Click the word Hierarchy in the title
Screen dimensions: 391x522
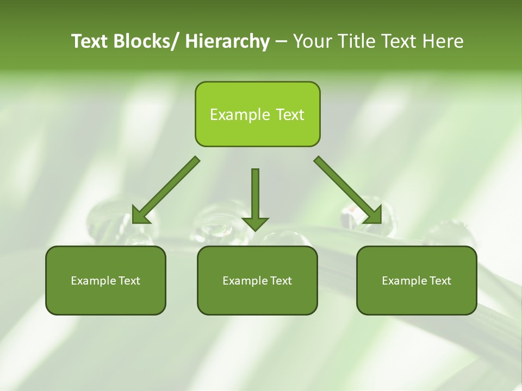[227, 42]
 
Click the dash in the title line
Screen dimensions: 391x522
[281, 41]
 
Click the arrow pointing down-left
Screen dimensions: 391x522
[166, 191]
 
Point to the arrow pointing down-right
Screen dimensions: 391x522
[348, 190]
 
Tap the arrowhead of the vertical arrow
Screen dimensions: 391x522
[255, 223]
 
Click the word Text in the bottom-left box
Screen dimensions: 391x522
[129, 281]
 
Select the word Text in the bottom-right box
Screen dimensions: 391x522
[440, 281]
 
